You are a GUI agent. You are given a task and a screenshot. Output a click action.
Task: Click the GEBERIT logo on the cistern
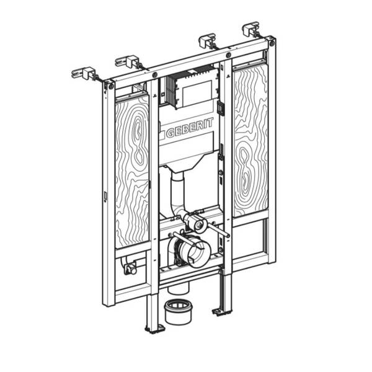190,128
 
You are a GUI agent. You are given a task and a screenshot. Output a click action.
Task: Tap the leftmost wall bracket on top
84,73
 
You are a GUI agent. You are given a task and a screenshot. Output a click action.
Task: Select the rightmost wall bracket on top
250,29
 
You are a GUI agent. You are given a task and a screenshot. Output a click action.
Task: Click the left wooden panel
133,171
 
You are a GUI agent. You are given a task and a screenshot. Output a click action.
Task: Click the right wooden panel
251,140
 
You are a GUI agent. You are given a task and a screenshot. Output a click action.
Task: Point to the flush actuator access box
193,89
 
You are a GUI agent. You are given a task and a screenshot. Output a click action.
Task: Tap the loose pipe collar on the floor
178,311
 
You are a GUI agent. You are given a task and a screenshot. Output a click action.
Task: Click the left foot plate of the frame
154,329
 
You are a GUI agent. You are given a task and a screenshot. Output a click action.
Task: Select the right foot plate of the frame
221,312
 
